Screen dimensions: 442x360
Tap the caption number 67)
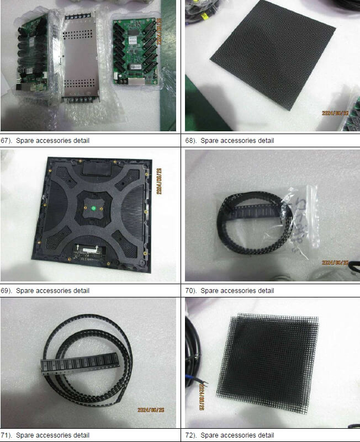pos(7,141)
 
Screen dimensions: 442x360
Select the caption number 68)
pos(191,141)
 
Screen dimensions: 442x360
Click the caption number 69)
pos(7,290)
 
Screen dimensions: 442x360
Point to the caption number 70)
pos(191,290)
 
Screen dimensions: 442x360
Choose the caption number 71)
pos(7,435)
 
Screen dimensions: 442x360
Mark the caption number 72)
pos(191,435)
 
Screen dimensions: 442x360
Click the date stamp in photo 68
pos(335,113)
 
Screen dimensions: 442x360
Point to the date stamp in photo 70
pos(335,263)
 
